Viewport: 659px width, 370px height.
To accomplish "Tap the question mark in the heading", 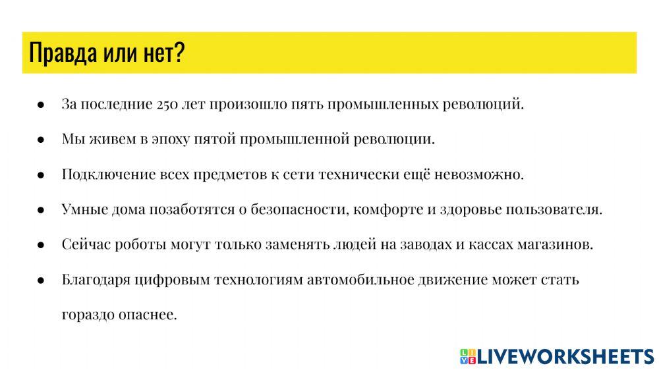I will [179, 53].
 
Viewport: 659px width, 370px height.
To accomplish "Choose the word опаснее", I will [150, 315].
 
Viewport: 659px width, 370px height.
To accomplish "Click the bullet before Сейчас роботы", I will [40, 245].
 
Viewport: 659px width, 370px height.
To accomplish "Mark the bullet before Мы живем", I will [40, 140].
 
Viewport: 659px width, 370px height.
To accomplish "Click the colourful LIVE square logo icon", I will [467, 356].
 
